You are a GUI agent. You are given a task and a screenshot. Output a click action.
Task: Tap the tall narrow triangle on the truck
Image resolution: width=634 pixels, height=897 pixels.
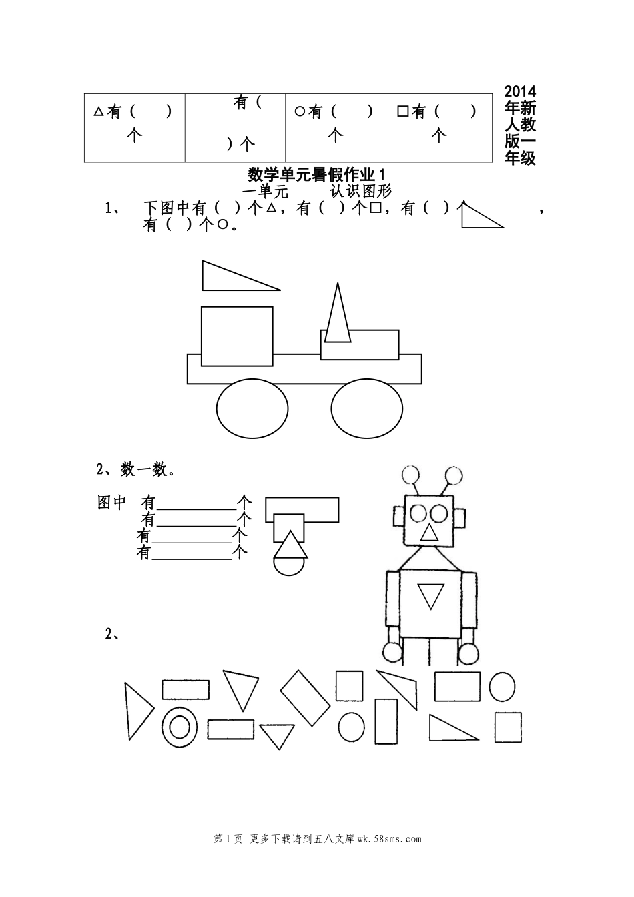[338, 313]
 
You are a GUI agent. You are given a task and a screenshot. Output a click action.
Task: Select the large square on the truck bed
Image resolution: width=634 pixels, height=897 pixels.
[237, 336]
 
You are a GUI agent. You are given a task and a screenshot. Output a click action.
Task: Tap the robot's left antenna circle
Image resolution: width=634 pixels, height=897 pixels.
[410, 475]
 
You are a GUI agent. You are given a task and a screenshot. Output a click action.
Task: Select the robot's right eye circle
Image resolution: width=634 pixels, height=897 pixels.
[438, 513]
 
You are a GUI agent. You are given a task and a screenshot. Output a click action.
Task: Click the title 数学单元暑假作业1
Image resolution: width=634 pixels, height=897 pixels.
[316, 175]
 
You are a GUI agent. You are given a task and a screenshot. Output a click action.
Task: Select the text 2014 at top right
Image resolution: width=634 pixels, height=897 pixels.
[520, 91]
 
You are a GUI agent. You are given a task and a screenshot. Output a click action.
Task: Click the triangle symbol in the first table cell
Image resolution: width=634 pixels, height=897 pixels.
[99, 111]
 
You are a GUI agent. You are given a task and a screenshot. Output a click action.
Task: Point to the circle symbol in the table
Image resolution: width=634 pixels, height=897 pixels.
[299, 111]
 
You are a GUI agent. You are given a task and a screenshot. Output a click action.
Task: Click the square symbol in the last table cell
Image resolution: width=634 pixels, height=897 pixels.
[402, 111]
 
